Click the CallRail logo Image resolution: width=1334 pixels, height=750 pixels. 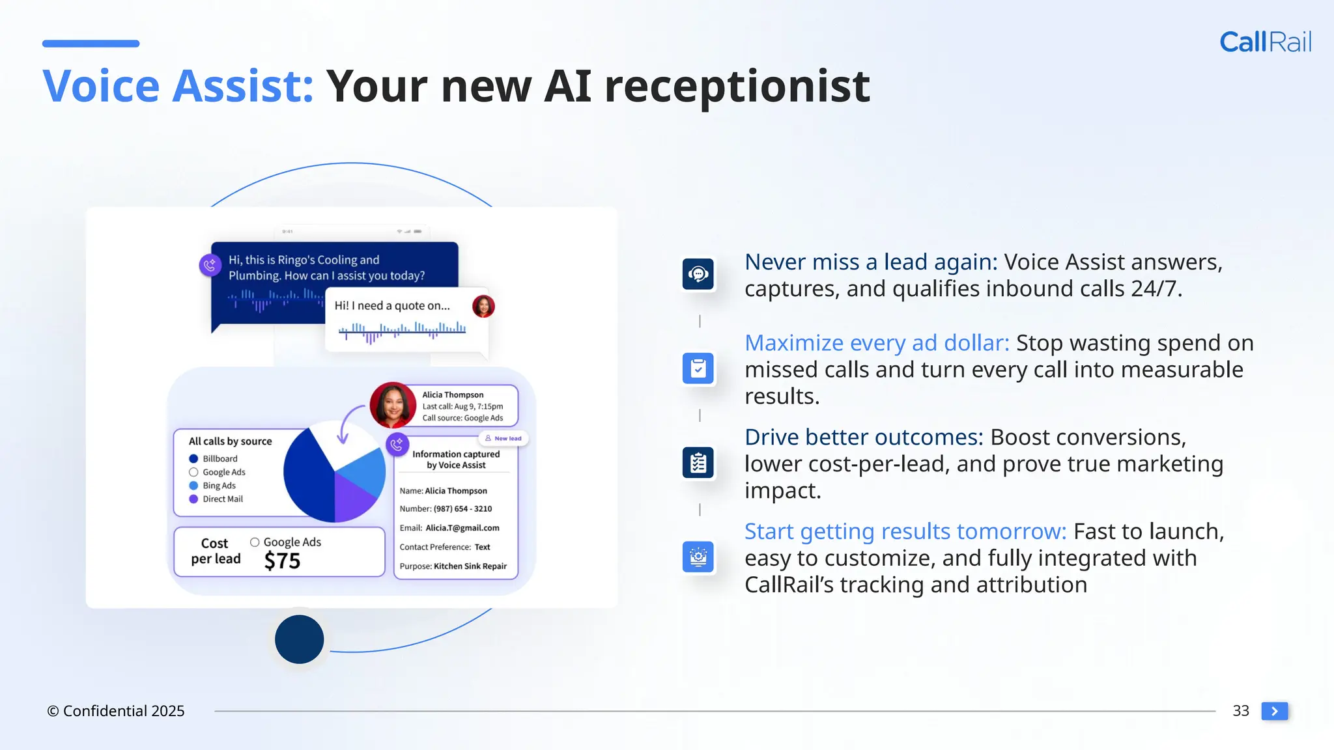(1265, 42)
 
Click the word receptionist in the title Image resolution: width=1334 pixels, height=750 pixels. (737, 87)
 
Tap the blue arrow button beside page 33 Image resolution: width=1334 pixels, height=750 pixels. (1274, 711)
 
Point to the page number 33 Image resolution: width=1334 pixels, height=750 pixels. (1240, 711)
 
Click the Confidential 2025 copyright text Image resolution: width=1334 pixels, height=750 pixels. (116, 711)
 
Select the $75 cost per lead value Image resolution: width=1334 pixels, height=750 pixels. (282, 561)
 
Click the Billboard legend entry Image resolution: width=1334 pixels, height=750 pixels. (219, 458)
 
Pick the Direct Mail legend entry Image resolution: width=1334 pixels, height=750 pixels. (221, 499)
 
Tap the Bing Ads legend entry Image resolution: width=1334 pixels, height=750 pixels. (218, 486)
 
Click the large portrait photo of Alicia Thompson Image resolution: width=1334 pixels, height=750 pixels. (393, 405)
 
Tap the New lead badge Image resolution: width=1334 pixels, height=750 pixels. (504, 438)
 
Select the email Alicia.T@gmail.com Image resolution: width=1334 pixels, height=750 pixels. (462, 528)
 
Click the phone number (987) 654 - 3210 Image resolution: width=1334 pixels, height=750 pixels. (462, 508)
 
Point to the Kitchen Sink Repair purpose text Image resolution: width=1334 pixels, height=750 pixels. (470, 566)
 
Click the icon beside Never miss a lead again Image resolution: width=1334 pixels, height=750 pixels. (698, 274)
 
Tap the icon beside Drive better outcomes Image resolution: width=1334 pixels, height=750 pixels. (698, 463)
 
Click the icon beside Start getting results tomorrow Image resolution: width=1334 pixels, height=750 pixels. (698, 557)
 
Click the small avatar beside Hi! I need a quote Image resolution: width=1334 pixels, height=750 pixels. (483, 306)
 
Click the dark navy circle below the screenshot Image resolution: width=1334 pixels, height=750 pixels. (299, 639)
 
